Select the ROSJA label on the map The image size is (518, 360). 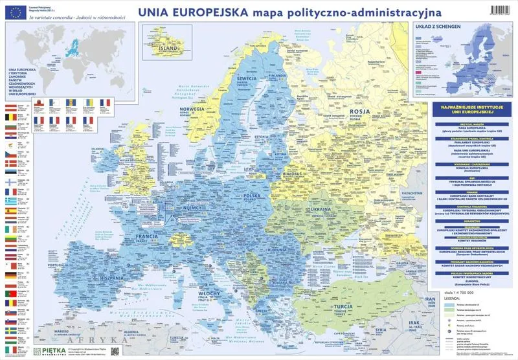coord(360,111)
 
